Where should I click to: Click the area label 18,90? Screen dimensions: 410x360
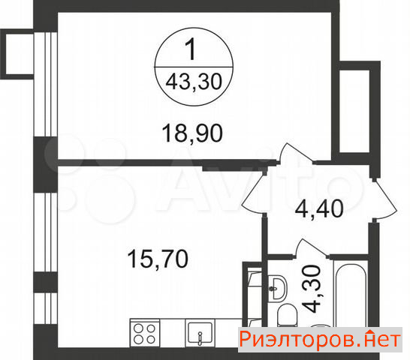(192, 133)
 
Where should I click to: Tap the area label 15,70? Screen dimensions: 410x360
(158, 259)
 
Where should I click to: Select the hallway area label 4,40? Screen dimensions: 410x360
(319, 208)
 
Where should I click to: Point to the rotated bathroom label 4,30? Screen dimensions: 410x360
(312, 289)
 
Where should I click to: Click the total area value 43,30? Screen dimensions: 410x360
(194, 82)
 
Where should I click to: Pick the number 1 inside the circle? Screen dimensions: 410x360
(191, 49)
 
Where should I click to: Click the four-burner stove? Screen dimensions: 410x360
(144, 333)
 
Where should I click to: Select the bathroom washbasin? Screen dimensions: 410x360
(277, 288)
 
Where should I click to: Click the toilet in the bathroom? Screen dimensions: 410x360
(287, 315)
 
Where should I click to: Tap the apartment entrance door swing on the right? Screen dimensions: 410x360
(384, 199)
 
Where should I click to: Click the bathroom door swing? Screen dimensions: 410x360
(311, 247)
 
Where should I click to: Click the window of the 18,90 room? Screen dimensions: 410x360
(46, 84)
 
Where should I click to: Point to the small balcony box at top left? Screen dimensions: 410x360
(17, 54)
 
